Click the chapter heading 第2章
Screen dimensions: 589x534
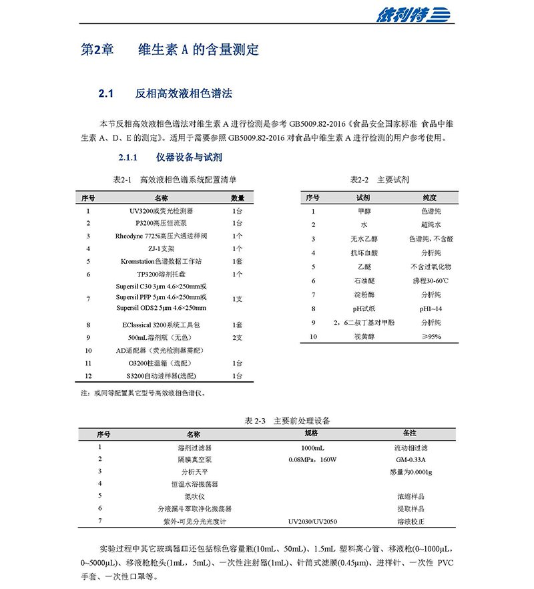coord(96,50)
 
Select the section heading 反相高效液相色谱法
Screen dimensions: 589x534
coord(183,94)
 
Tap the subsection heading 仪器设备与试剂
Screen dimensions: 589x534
coord(189,158)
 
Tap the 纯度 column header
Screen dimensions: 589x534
coord(430,198)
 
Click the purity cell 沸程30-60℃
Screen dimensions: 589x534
coord(431,280)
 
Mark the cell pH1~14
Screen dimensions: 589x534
coord(431,309)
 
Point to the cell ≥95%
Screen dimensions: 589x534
coord(431,337)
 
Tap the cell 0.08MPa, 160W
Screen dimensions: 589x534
coord(312,459)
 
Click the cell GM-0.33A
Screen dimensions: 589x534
coord(410,459)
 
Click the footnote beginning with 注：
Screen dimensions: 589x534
coord(144,393)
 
